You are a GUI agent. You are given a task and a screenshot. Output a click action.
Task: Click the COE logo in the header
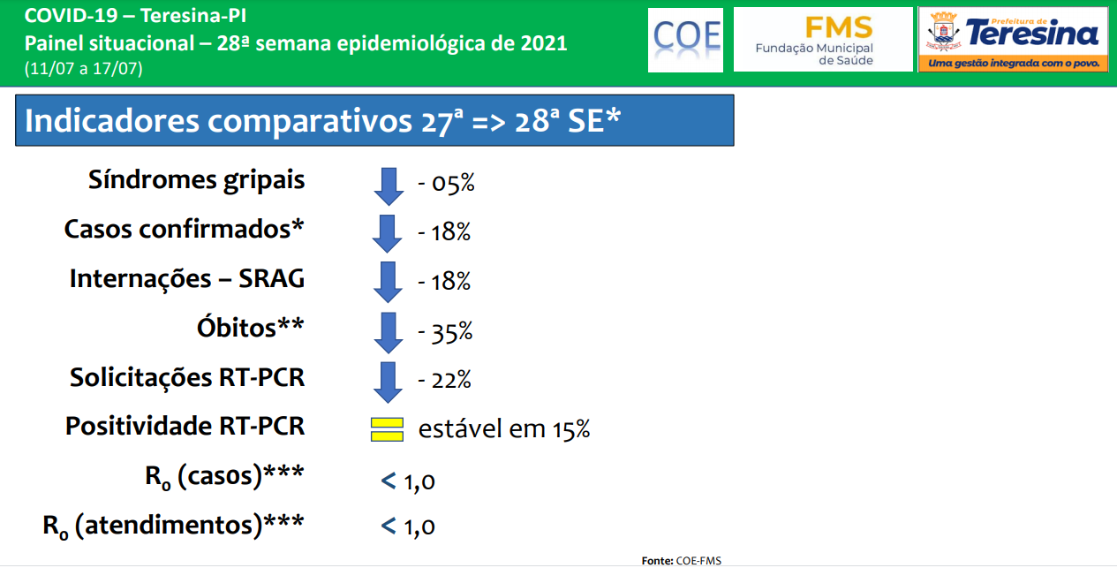pos(686,40)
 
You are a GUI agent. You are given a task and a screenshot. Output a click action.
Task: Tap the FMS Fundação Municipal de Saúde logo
pos(823,40)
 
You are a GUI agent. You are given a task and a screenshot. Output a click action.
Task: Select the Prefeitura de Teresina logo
pos(1014,40)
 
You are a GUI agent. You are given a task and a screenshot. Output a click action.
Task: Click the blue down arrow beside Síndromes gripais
pos(389,186)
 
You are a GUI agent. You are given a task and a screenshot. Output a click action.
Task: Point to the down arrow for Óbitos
pos(388,333)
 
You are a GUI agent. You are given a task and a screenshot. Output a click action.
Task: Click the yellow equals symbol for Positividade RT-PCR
pos(387,429)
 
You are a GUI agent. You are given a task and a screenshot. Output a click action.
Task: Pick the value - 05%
pos(446,184)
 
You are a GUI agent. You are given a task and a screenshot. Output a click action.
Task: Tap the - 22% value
pos(444,380)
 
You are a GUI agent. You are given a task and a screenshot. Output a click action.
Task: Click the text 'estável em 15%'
pos(504,429)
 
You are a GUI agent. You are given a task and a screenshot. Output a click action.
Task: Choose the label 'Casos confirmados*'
pos(184,230)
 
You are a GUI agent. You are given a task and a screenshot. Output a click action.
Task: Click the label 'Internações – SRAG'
pos(187,278)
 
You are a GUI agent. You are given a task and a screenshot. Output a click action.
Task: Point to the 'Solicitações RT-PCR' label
pos(187,377)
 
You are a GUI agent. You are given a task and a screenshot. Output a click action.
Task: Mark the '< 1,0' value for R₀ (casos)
pos(408,481)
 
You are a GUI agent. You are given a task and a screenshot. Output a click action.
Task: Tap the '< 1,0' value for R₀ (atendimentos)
pos(408,526)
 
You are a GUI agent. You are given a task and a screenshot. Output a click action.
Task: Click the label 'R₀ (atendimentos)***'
pos(173,526)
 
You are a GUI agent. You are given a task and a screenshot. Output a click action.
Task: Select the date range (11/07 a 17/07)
pos(83,68)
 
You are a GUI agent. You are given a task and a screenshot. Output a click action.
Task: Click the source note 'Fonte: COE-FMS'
pos(681,561)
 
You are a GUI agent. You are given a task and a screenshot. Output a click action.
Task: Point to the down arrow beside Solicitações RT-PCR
pos(388,382)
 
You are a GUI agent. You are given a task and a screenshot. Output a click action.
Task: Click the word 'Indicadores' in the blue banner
pos(111,121)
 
